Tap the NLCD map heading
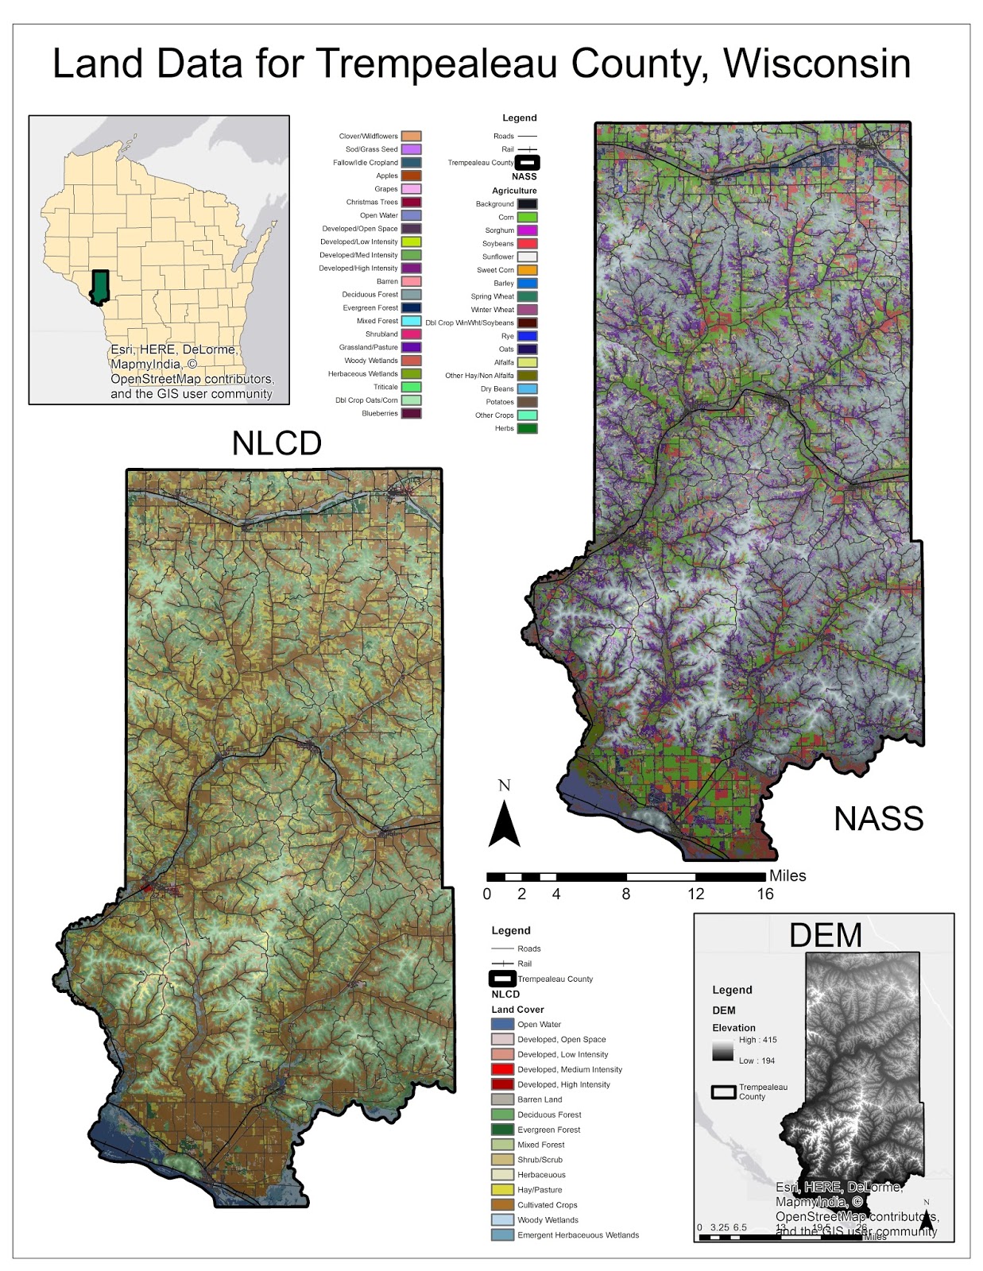(277, 443)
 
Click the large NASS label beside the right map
(878, 818)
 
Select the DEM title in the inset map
(825, 935)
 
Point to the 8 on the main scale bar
(626, 894)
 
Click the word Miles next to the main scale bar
(788, 875)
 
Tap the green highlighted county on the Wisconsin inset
(99, 287)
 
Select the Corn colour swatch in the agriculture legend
(528, 217)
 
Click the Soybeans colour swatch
(528, 244)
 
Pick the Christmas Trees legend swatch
(411, 203)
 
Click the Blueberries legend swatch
(411, 414)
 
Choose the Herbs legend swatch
(528, 429)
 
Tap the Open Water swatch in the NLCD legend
(502, 1025)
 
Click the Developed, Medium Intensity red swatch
(502, 1070)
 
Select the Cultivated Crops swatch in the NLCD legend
(502, 1205)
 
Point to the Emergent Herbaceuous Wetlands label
(578, 1235)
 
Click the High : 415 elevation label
(757, 1040)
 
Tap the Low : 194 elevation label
(757, 1061)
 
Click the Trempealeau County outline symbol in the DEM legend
(723, 1092)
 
